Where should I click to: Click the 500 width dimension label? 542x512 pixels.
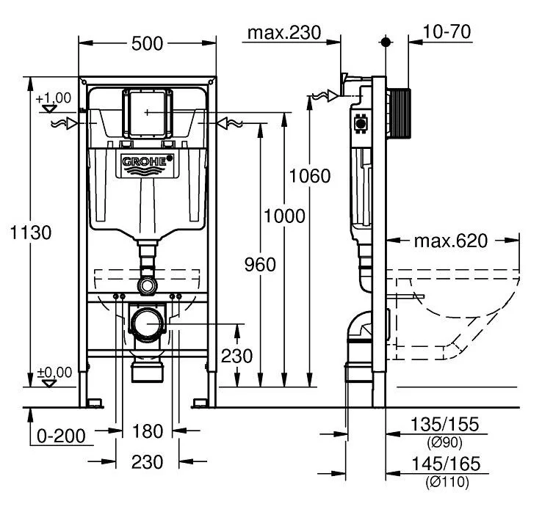pos(147,44)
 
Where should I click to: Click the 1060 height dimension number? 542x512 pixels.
pos(309,176)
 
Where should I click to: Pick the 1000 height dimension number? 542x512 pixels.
pos(284,217)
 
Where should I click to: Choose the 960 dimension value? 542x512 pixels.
pos(259,264)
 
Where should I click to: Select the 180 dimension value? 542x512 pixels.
pos(148,431)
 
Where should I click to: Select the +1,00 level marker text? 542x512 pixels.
pos(52,98)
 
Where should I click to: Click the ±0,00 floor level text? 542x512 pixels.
pos(54,372)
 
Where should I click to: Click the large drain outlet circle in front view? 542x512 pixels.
pos(148,323)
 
